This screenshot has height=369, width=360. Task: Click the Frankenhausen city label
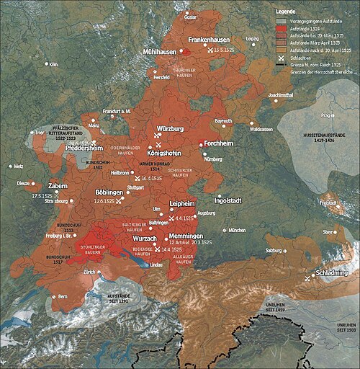(x=208, y=41)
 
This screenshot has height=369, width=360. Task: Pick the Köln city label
(x=53, y=64)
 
